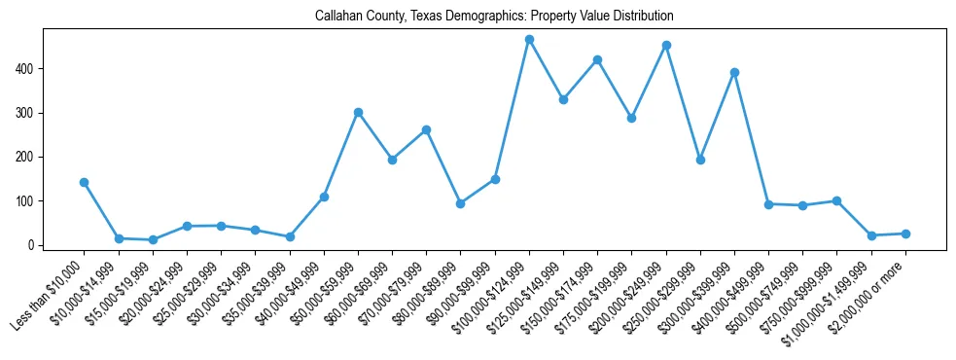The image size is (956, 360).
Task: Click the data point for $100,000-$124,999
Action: coord(529,40)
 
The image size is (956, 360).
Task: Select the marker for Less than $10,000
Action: coord(85,182)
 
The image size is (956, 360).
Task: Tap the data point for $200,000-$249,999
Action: coord(666,45)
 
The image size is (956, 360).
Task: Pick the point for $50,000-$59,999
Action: coord(358,112)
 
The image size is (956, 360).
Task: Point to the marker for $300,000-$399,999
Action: coord(734,72)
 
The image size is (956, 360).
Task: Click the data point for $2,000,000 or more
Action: coord(905,234)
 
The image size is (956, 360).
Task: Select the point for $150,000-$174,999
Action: coord(597,59)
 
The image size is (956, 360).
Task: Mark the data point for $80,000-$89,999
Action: coord(461,203)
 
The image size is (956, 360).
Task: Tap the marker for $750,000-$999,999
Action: coord(836,200)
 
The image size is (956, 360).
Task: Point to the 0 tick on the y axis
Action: coord(33,245)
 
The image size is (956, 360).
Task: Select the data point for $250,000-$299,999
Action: coord(700,160)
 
